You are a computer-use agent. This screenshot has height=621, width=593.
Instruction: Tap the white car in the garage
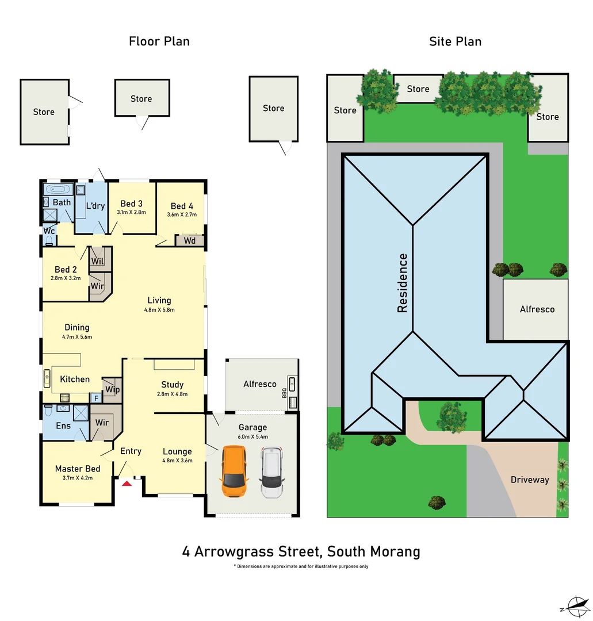271,472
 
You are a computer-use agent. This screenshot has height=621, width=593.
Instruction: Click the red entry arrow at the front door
127,484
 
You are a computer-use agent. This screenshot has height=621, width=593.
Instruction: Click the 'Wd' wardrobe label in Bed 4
190,240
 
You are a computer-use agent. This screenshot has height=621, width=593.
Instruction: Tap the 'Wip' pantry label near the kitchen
113,389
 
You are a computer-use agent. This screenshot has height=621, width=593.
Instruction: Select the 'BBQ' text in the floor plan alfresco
284,393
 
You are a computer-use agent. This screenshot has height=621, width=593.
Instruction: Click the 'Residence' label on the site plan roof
402,283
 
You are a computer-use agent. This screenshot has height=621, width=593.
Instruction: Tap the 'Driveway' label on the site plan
530,480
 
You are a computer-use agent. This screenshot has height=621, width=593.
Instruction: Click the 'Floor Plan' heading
159,41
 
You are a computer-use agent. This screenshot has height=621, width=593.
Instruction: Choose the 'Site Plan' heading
455,41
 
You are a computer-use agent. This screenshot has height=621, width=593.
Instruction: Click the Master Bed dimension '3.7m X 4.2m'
78,477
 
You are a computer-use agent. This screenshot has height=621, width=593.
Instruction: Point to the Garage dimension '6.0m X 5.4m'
253,436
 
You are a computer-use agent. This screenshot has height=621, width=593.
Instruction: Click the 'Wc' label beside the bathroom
49,230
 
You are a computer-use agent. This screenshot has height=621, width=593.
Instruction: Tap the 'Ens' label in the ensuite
63,425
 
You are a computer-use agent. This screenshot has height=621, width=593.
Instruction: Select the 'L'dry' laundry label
95,205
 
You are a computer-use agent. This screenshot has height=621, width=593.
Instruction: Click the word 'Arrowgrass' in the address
257,551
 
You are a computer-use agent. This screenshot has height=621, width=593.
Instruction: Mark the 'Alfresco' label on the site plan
537,309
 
